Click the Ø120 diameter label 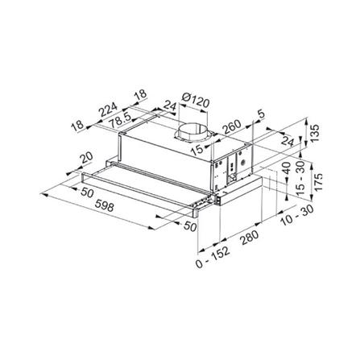click(195, 102)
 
